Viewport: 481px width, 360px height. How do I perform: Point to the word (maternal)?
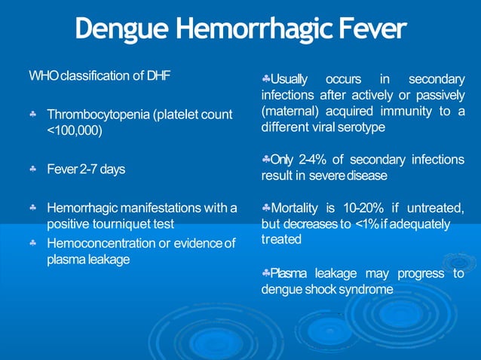[x=290, y=111]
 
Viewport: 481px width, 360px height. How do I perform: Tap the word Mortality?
[x=297, y=207]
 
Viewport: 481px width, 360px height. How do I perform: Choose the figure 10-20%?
[x=360, y=207]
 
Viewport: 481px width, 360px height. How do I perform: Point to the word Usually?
[x=289, y=79]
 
